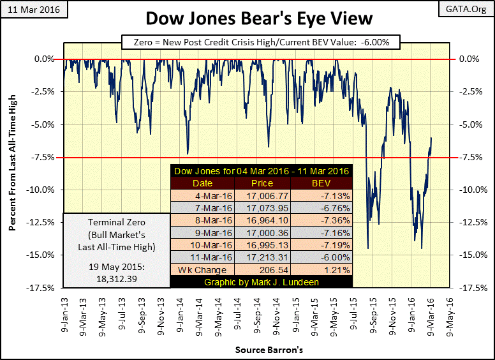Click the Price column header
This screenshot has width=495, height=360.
click(x=262, y=183)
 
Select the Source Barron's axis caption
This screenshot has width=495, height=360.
click(x=263, y=350)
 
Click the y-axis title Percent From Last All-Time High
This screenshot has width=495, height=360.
click(x=11, y=174)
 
